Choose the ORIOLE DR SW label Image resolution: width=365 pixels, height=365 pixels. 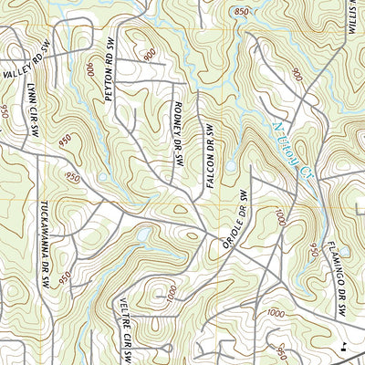point(235,220)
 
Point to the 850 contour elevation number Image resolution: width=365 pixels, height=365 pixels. point(241,11)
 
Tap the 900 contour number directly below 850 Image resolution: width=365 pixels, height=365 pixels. point(297,75)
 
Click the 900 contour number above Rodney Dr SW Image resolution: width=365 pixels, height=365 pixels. point(150,55)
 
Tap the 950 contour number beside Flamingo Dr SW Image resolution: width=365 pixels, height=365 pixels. point(315,248)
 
